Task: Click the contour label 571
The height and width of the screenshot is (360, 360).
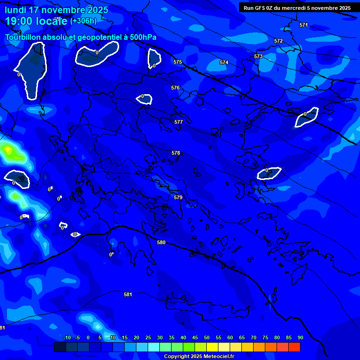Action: (x=304, y=25)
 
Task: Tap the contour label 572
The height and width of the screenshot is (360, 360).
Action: (x=278, y=41)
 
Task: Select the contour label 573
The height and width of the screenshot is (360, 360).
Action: (x=258, y=56)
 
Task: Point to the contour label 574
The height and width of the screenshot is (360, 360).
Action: (x=224, y=62)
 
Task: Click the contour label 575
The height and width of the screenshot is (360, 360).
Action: (x=178, y=62)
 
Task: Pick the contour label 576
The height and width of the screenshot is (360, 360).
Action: (x=175, y=88)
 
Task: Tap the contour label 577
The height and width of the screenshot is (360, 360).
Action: (x=179, y=122)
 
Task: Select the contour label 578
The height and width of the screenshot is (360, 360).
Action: (x=176, y=153)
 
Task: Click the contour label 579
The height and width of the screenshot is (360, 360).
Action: (x=178, y=197)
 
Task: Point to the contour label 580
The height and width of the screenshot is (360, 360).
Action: (x=161, y=242)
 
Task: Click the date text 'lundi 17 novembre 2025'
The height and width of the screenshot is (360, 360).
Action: (x=56, y=10)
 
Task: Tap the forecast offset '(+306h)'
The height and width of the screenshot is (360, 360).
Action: (x=83, y=21)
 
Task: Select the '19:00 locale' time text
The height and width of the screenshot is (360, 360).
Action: (x=36, y=21)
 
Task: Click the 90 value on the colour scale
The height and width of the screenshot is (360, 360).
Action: (x=300, y=337)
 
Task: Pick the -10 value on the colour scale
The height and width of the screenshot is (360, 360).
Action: (x=67, y=337)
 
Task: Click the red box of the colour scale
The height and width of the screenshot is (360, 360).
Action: (x=294, y=347)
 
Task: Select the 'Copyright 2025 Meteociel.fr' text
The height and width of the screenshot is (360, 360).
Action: (x=199, y=356)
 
